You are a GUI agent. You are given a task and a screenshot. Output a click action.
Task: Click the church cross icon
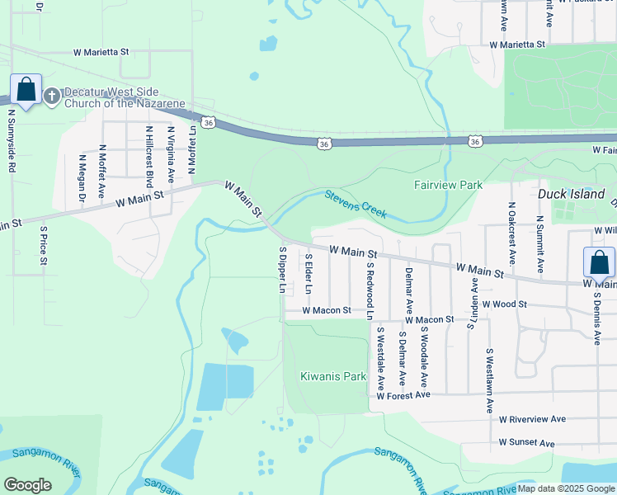(x=51, y=97)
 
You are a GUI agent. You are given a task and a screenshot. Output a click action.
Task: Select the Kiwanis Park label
(x=332, y=376)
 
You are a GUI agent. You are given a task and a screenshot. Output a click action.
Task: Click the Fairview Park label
(x=448, y=186)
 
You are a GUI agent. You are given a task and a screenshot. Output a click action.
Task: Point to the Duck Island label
(x=572, y=194)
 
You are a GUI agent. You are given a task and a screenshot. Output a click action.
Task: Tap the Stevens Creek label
(x=356, y=204)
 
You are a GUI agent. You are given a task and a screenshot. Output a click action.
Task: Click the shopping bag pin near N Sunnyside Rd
(x=26, y=89)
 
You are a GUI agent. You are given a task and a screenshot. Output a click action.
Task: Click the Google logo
(x=28, y=485)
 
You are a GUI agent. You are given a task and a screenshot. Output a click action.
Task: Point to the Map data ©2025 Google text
(x=566, y=488)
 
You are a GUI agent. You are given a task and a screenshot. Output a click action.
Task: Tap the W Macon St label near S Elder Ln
(x=327, y=311)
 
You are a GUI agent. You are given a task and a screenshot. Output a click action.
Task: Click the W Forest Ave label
(x=403, y=395)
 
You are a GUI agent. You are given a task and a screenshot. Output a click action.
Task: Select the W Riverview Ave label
(x=533, y=419)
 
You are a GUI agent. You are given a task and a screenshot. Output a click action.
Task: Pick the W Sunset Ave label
(x=526, y=443)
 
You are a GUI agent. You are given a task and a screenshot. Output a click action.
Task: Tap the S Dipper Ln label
(x=281, y=271)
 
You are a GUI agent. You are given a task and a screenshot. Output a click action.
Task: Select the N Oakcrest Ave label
(x=511, y=233)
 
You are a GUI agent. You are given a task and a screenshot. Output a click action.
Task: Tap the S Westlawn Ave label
(x=489, y=380)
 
